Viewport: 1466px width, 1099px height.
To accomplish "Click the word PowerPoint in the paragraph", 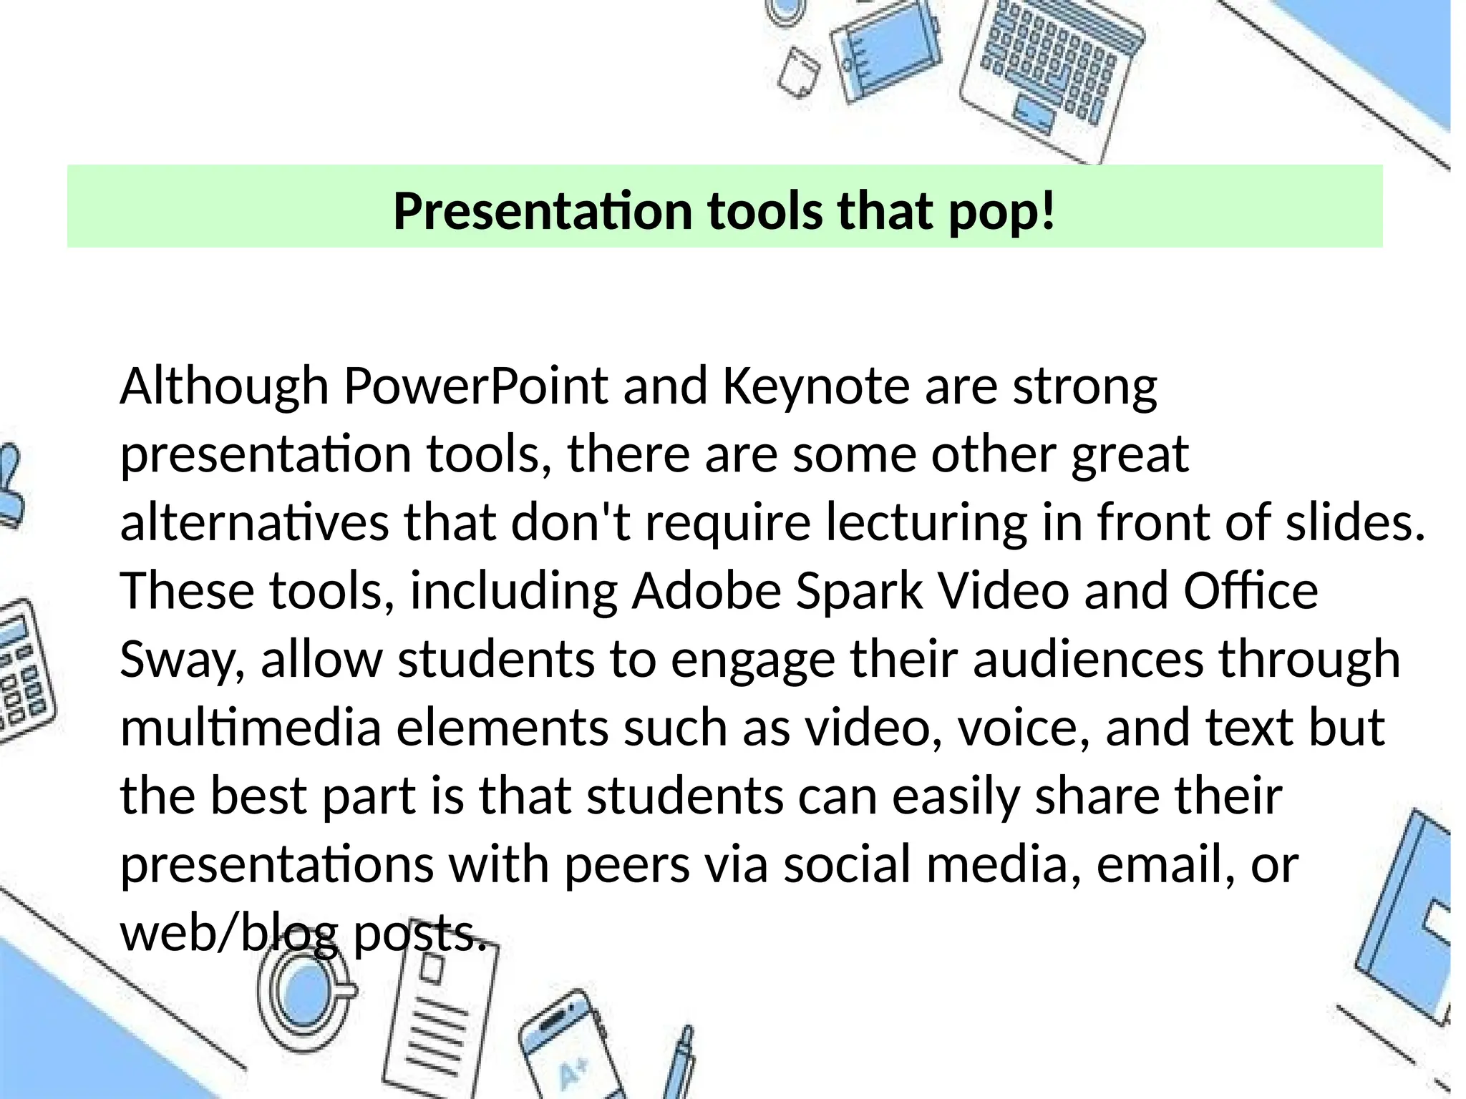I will pos(475,387).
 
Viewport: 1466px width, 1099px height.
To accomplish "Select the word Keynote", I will pos(815,387).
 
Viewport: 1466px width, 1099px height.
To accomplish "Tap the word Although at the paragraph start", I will pos(224,387).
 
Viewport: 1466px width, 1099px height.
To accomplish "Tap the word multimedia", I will pos(251,728).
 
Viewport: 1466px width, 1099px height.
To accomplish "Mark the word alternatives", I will pos(254,524).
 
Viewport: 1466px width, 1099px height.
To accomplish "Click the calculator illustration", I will pos(21,673).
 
